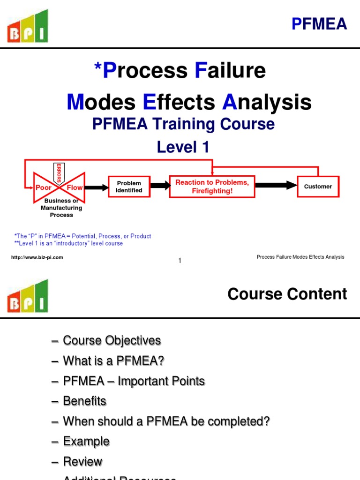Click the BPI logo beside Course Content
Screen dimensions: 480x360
coord(27,296)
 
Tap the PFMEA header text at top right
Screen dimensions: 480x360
coord(319,23)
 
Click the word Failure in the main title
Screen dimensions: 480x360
coord(230,70)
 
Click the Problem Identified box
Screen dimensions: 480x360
coord(129,187)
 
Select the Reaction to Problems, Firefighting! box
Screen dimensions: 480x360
coord(212,187)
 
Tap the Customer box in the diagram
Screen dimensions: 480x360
coord(318,187)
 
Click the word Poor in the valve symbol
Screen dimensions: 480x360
coord(44,187)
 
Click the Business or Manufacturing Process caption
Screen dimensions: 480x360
coord(61,208)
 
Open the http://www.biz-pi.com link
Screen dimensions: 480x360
coord(37,257)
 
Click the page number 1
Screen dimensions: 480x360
coord(180,261)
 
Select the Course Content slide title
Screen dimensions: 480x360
coord(287,294)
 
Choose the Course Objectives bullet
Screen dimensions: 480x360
coord(112,340)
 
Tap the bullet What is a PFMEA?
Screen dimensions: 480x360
coord(113,361)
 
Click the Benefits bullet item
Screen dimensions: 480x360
coord(84,401)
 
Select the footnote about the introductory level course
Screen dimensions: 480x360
coord(69,244)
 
